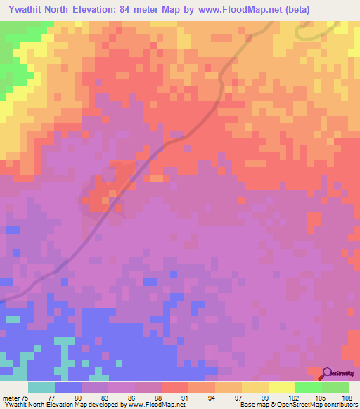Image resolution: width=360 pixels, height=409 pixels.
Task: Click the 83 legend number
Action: point(104,397)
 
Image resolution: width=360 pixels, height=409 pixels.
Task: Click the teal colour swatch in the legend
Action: point(41,387)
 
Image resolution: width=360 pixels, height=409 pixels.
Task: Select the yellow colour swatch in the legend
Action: point(282,387)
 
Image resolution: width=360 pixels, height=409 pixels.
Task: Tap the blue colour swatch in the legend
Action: point(68,387)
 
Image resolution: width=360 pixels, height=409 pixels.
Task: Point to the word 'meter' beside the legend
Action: point(10,397)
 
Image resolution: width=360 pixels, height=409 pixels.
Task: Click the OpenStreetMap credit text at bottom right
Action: point(330,405)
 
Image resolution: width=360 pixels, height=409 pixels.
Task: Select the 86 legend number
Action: point(131,397)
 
